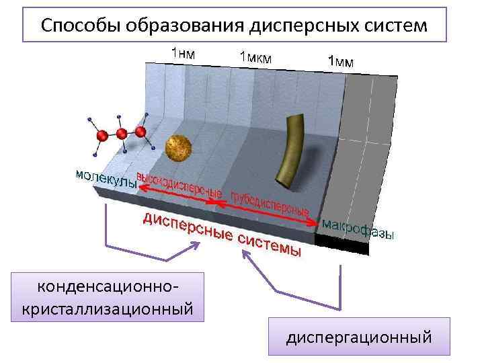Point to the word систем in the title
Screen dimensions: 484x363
click(397, 26)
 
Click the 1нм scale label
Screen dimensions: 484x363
click(183, 52)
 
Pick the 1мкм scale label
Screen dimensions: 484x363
click(255, 57)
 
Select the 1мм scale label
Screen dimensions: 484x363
click(341, 61)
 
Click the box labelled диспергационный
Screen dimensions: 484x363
click(358, 336)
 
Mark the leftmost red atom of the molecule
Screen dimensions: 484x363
click(102, 136)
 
